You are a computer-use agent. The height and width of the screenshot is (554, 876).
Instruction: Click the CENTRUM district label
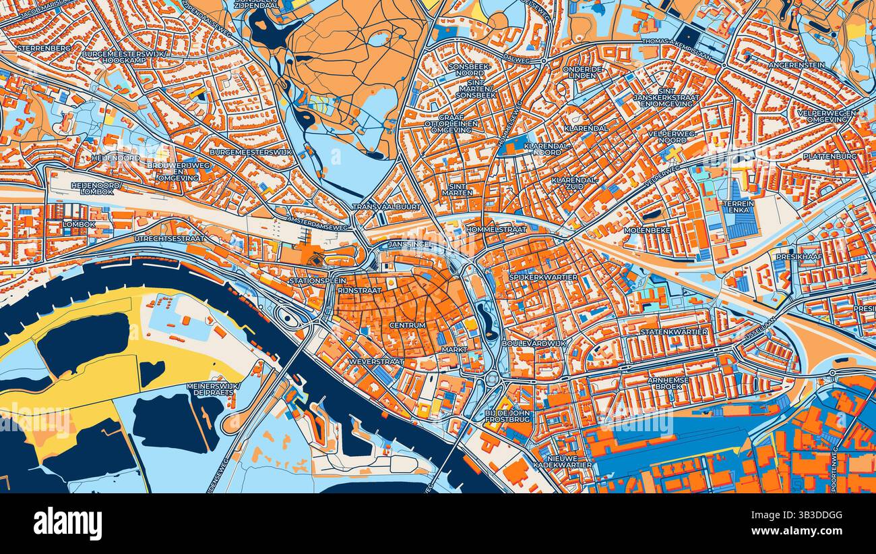[407, 325]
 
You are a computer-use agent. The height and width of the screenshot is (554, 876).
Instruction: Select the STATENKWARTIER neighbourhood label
[674, 332]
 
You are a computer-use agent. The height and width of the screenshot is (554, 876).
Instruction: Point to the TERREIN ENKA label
[737, 206]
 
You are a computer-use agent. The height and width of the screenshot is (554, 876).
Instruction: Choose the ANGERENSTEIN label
[800, 65]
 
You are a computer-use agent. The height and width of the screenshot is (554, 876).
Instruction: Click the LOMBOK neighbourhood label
[79, 224]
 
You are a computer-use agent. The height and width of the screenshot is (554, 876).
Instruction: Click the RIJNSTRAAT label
[359, 290]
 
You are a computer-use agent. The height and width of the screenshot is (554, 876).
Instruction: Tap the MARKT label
[454, 350]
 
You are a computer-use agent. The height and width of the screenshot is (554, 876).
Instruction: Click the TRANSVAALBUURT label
[386, 207]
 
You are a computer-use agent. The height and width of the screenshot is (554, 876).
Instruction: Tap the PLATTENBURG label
[830, 156]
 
